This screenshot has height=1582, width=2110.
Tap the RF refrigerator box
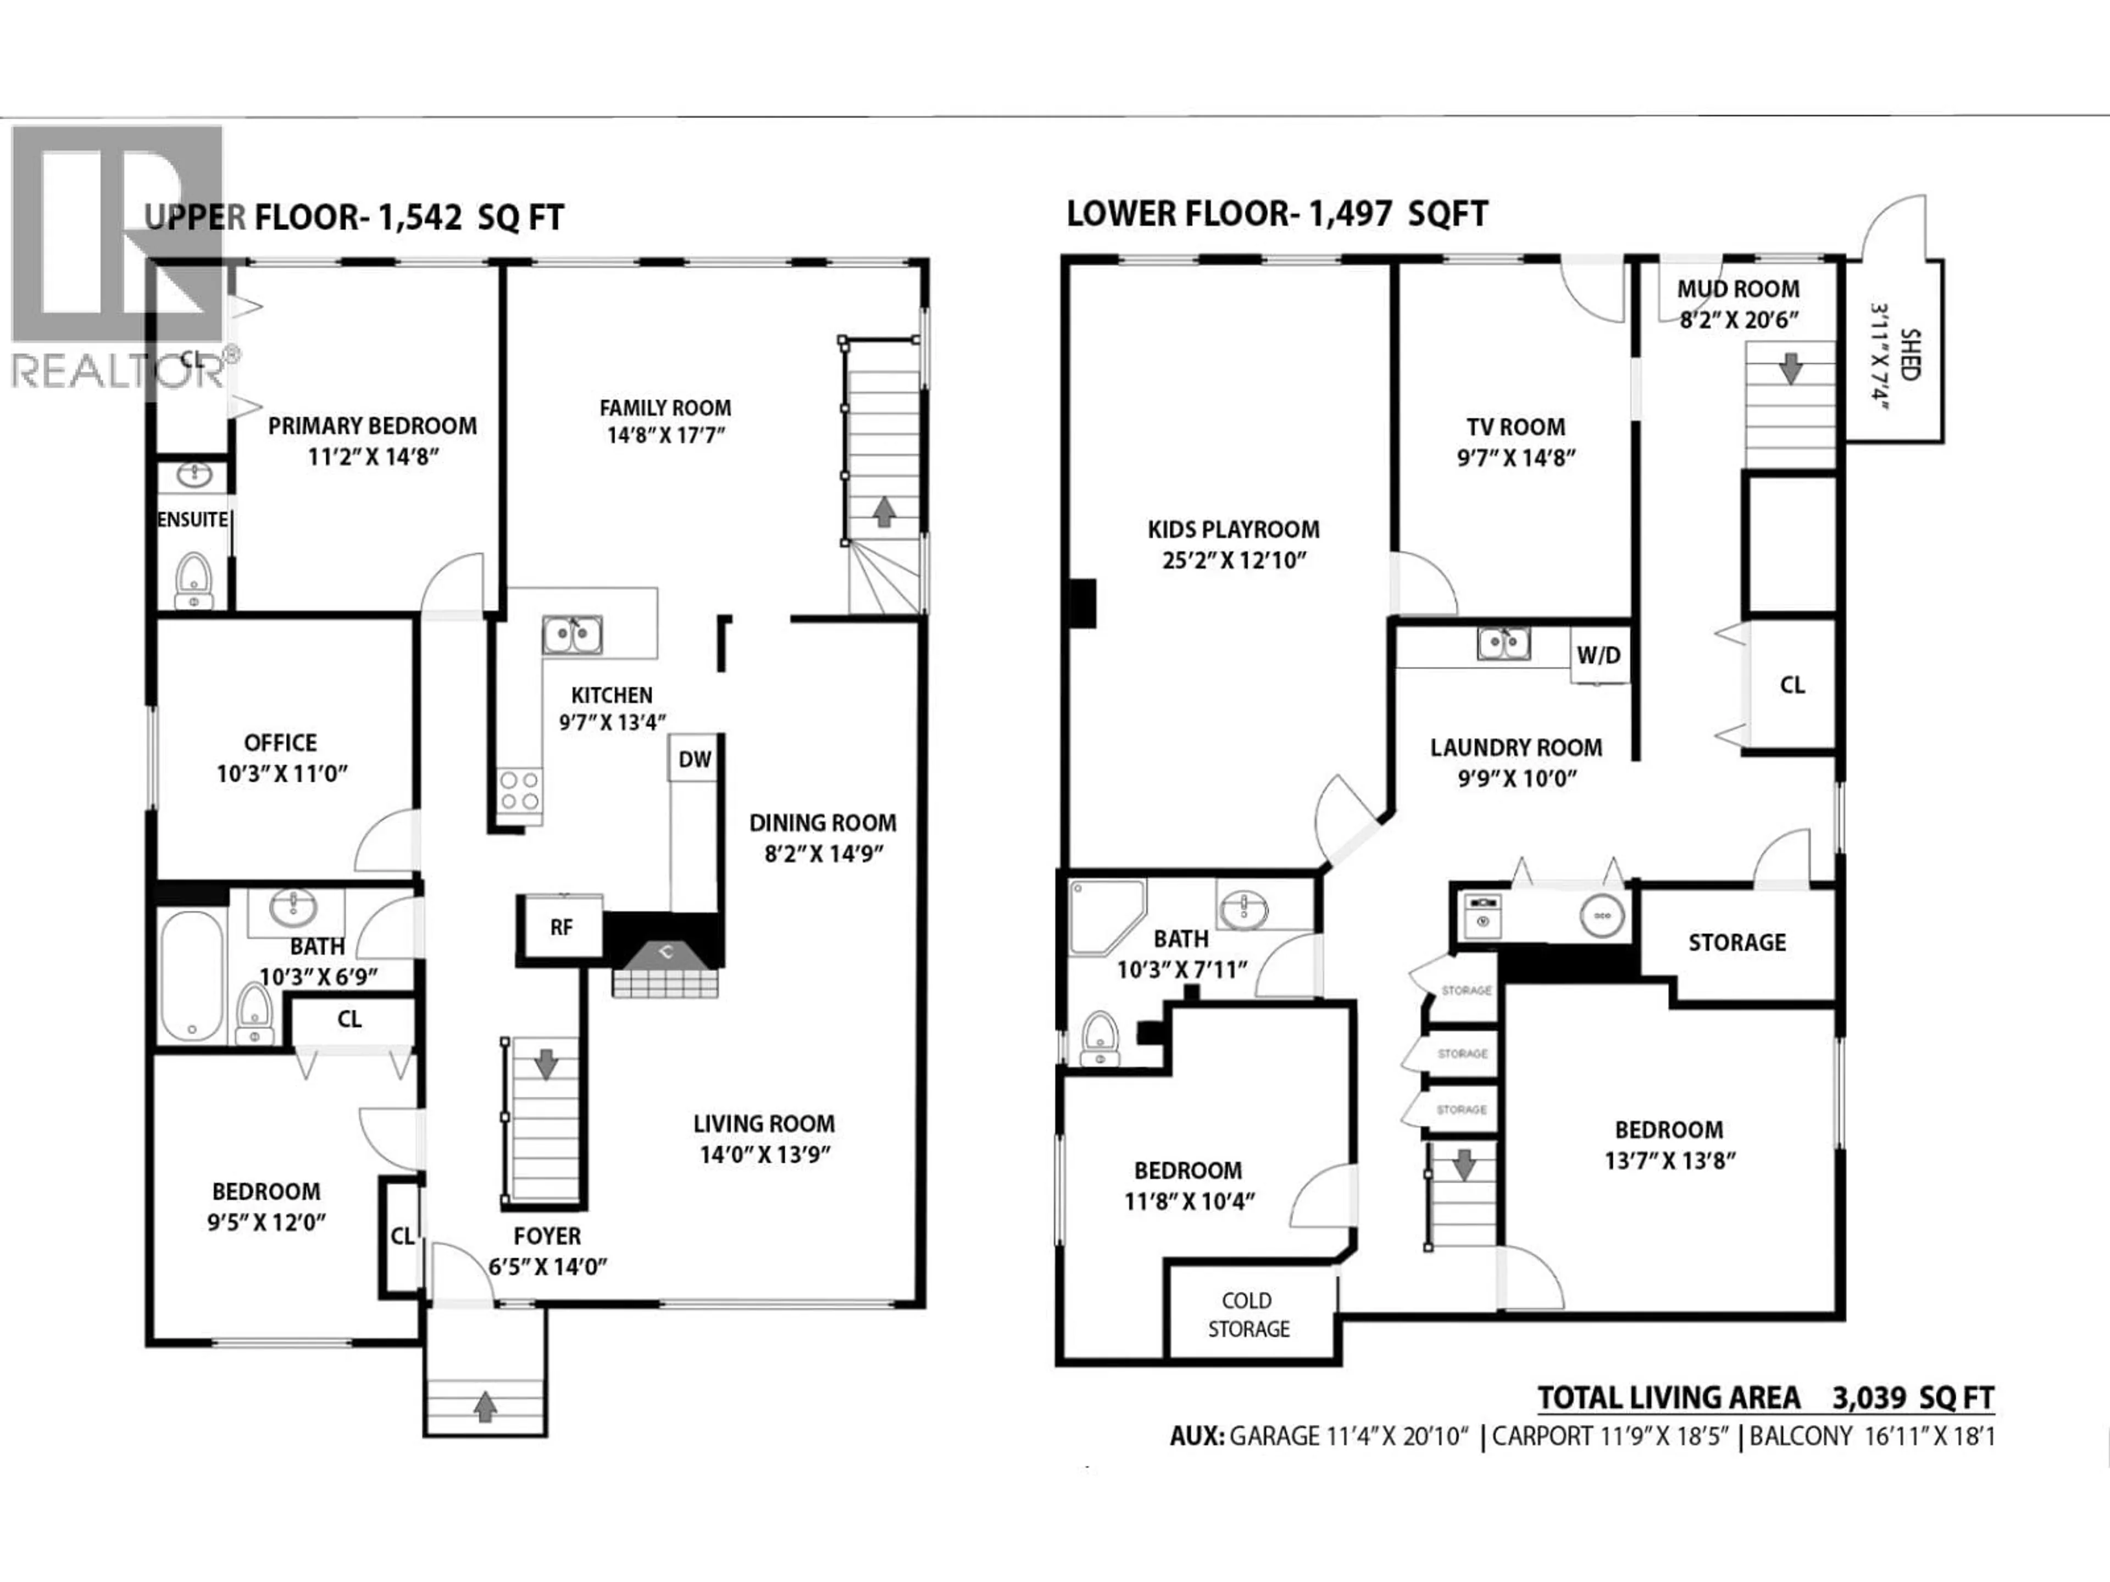point(561,926)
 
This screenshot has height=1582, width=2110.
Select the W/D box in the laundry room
point(1599,655)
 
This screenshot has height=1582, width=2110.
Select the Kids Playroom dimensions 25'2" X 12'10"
point(1234,560)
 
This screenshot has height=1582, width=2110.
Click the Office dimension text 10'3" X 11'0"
point(281,773)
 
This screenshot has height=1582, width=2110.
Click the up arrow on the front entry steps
point(486,1406)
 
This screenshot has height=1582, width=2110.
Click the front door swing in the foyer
point(460,1274)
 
